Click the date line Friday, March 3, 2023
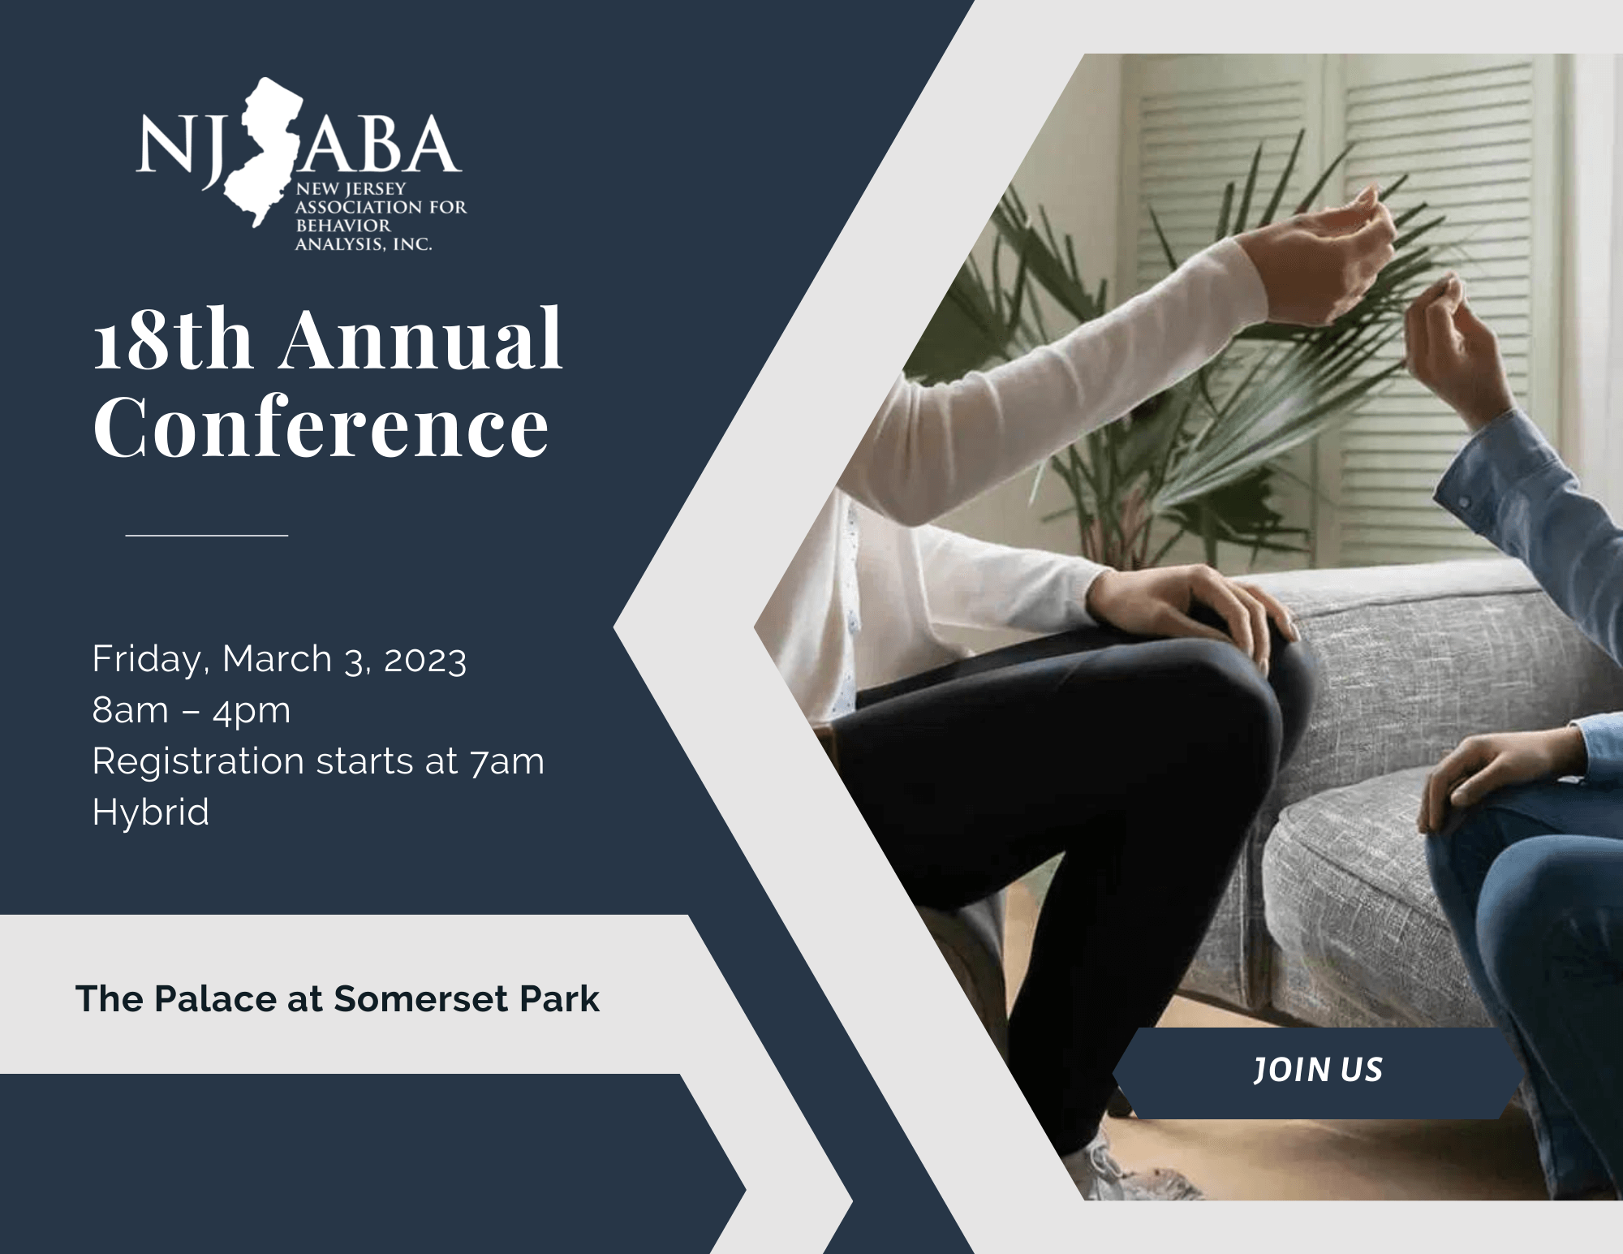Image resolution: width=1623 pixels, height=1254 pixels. point(279,659)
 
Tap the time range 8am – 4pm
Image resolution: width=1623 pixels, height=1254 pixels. point(192,710)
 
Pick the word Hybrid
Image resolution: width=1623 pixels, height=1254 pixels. point(151,812)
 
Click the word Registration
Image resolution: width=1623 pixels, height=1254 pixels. point(199,762)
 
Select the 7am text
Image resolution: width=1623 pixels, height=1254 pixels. point(506,762)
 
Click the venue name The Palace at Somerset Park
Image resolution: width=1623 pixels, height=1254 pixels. point(338,999)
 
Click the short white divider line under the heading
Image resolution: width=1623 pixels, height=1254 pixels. point(207,536)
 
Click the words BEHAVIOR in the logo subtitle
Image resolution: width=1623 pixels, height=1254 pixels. point(343,225)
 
